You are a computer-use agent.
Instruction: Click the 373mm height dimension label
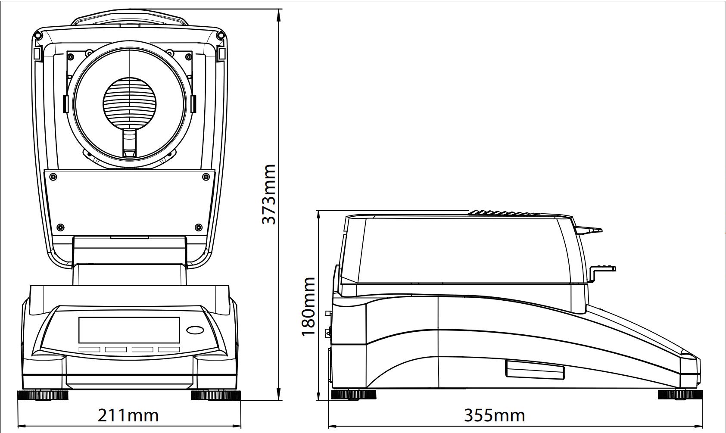[269, 194]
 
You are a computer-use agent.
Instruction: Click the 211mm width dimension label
[128, 415]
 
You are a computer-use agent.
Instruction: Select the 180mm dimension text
[308, 307]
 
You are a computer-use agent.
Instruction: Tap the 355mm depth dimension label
[495, 415]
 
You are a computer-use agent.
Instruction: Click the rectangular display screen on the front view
[129, 330]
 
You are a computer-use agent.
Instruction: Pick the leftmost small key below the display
[89, 349]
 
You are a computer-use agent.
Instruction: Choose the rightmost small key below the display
[169, 349]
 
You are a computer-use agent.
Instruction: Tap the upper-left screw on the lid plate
[53, 177]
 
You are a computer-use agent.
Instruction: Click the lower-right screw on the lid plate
[199, 227]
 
